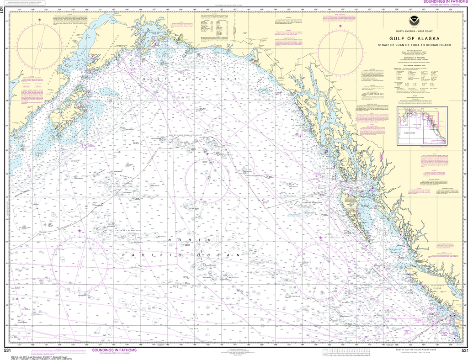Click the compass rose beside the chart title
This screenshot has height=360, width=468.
(340, 48)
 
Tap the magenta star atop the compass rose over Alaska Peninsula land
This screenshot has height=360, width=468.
(39, 20)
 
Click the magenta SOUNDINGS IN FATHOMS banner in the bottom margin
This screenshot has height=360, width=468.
(114, 350)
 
